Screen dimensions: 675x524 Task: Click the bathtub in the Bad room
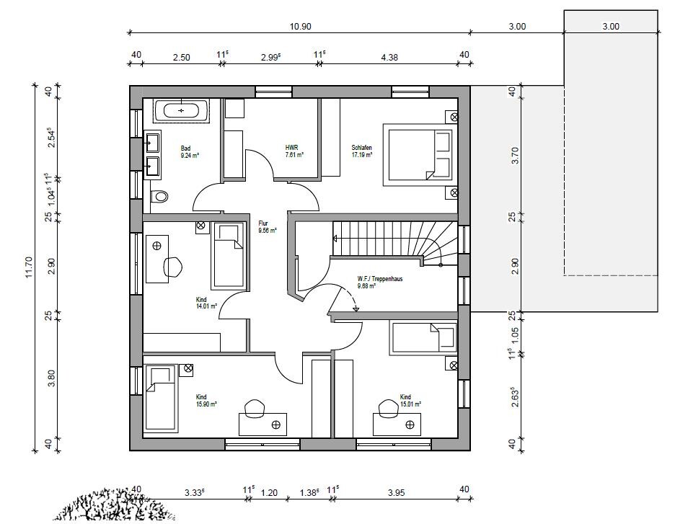[x=181, y=110]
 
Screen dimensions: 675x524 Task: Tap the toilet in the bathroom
[x=159, y=197]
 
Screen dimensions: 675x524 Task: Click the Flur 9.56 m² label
[x=268, y=227]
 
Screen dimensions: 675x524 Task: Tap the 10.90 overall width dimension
[x=300, y=26]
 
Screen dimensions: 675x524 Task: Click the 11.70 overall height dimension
[x=29, y=267]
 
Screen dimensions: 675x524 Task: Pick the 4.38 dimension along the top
[x=389, y=57]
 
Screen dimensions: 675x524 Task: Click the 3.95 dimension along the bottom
[x=396, y=492]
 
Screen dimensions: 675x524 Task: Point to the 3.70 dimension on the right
[x=515, y=155]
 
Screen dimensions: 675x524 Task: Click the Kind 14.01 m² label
[x=206, y=303]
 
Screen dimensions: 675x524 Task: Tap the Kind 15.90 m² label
[x=206, y=400]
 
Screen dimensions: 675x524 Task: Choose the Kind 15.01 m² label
[x=410, y=400]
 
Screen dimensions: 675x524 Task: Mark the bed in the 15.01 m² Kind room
[x=423, y=338]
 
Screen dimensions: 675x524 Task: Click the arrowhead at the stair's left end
[x=335, y=237]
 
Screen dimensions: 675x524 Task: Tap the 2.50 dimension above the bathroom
[x=181, y=57]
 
